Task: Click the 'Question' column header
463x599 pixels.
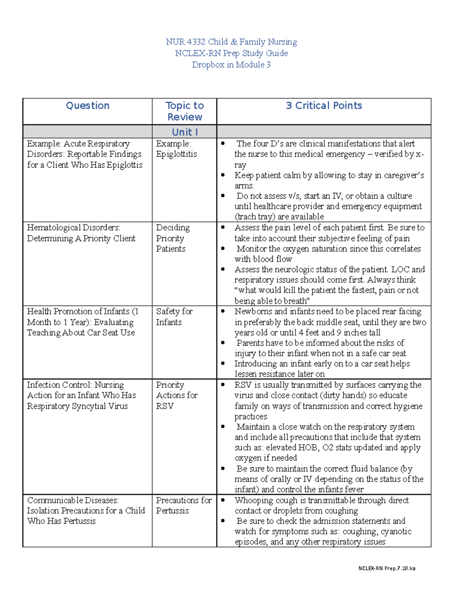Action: point(88,106)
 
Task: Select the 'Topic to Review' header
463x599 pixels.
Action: point(184,111)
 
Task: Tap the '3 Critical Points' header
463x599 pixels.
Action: point(324,106)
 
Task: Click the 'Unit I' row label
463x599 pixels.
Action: point(184,132)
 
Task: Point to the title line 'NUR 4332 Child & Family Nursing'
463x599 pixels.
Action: point(231,42)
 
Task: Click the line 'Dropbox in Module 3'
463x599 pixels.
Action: point(231,64)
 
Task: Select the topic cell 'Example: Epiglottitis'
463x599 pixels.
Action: point(176,149)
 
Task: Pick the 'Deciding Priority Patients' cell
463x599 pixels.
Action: point(172,238)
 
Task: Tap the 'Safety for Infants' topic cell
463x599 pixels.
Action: point(174,317)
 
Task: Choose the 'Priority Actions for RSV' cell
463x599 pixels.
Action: point(176,395)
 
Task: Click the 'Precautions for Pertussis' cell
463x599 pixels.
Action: point(184,505)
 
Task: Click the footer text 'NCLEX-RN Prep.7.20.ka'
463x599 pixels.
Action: point(387,568)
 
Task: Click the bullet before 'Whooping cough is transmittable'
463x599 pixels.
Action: point(223,500)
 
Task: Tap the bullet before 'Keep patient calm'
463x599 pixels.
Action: point(223,175)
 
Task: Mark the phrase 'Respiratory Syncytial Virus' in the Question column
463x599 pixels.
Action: point(77,406)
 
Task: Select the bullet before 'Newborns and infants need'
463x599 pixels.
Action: point(223,311)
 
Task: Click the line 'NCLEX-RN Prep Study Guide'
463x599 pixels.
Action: point(231,53)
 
